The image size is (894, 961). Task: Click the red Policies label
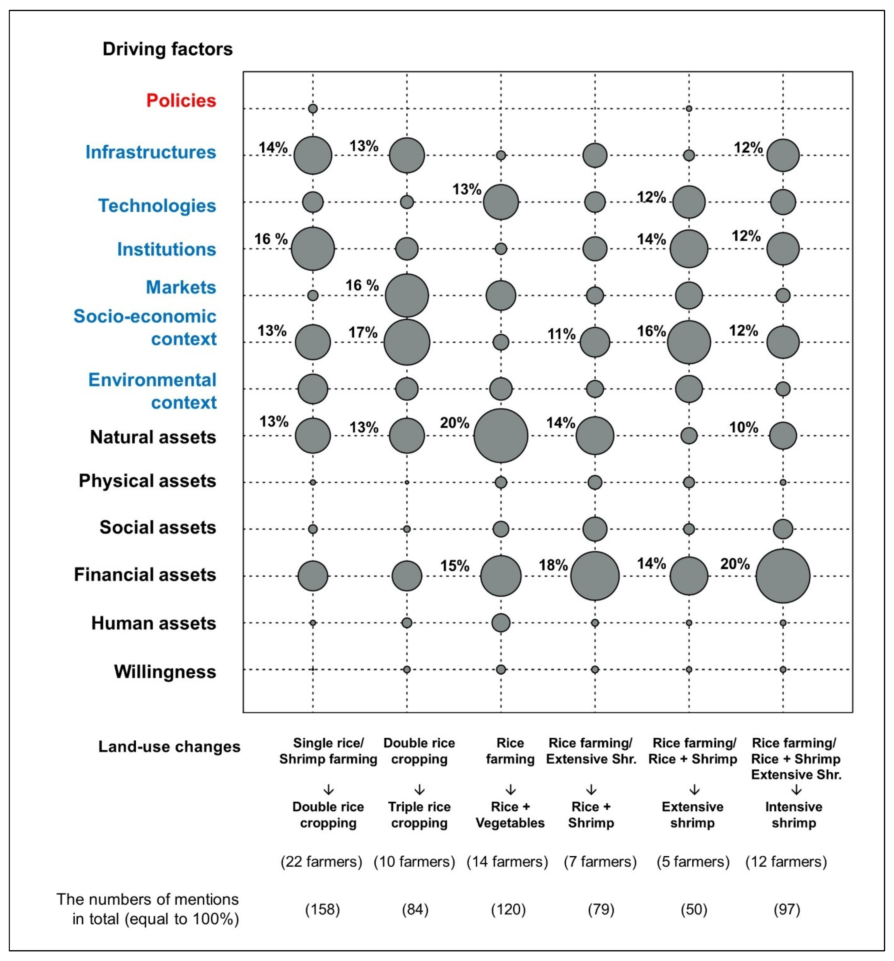[181, 101]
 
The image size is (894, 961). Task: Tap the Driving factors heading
[168, 49]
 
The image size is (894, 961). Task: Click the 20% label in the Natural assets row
[454, 423]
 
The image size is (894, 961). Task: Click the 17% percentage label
[363, 333]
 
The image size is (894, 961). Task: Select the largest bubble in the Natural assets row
[501, 435]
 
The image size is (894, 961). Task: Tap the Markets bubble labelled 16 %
[407, 295]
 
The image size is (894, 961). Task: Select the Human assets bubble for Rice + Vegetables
[501, 623]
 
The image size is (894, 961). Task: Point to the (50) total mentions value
[694, 909]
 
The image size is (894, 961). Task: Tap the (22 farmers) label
[321, 861]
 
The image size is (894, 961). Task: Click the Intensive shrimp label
[793, 815]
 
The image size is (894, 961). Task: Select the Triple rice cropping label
[419, 815]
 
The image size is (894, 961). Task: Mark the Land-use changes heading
[169, 746]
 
